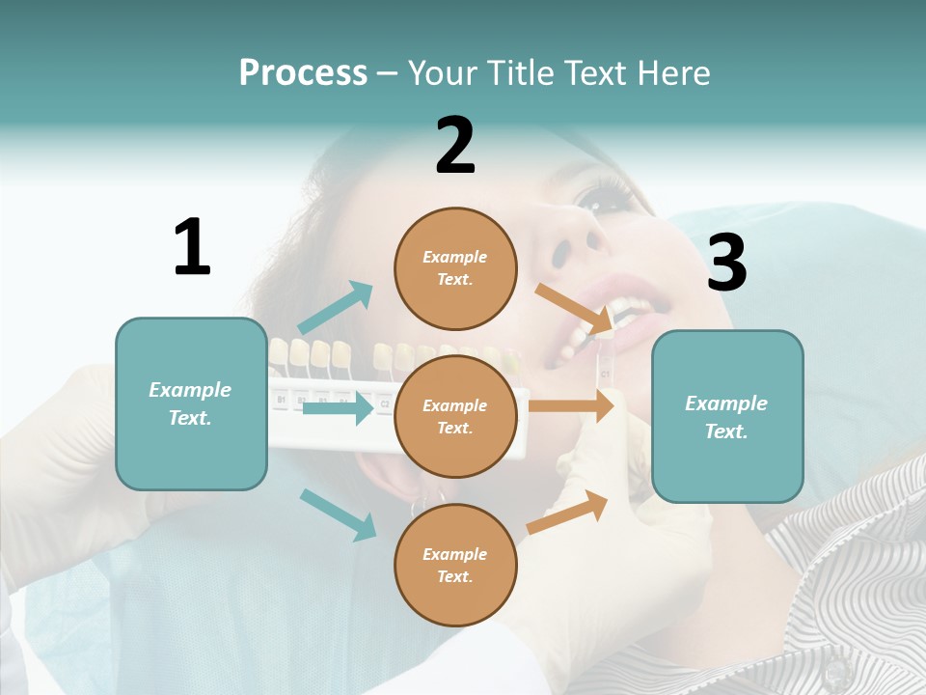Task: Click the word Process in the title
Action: coord(303,72)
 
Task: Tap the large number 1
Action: coord(192,247)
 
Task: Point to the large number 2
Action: coord(455,146)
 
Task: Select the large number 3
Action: coord(726,263)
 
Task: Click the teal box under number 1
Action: coord(191,403)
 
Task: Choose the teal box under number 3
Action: coord(727,416)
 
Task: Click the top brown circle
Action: coord(455,268)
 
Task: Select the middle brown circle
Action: coord(455,416)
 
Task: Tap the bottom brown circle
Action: coord(455,565)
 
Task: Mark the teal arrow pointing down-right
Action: coord(339,514)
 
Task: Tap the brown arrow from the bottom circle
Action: coord(567,513)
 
